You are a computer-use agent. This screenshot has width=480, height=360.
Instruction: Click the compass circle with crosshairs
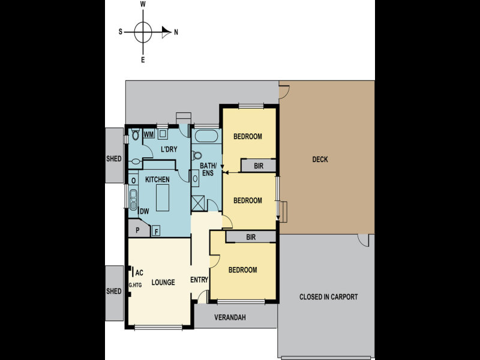143,32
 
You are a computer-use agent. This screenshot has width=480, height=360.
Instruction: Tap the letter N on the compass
176,32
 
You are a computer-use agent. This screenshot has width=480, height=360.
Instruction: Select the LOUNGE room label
163,282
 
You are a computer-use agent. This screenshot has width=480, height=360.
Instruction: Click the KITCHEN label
157,179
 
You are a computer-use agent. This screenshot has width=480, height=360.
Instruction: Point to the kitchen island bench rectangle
164,198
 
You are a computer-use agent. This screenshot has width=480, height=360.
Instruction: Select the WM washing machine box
148,134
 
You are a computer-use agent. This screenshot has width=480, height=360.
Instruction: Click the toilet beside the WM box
136,134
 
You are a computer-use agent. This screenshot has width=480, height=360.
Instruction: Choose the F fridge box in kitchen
156,231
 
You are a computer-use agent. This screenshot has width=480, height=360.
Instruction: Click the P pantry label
137,230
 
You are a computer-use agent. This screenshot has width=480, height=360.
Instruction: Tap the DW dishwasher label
144,211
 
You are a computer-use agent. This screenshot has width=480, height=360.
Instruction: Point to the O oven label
133,180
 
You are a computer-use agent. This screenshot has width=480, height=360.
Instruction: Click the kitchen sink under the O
133,199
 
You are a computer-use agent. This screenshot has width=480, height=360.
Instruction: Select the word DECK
320,160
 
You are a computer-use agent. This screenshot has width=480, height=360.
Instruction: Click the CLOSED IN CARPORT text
328,297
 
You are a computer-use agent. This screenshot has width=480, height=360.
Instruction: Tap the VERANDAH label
230,317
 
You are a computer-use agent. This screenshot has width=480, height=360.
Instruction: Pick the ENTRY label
199,280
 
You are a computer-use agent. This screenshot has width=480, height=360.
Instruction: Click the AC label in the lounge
139,272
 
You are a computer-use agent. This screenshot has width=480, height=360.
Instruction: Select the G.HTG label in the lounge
134,285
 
